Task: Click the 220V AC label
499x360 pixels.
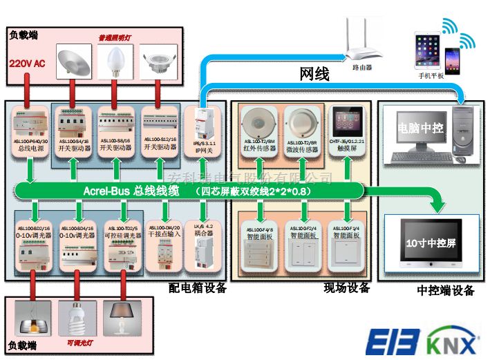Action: point(27,64)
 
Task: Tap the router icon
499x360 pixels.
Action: point(361,46)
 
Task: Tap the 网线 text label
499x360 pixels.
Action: point(314,74)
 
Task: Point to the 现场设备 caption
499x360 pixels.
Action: point(347,288)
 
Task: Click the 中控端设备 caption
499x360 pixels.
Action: point(446,291)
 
